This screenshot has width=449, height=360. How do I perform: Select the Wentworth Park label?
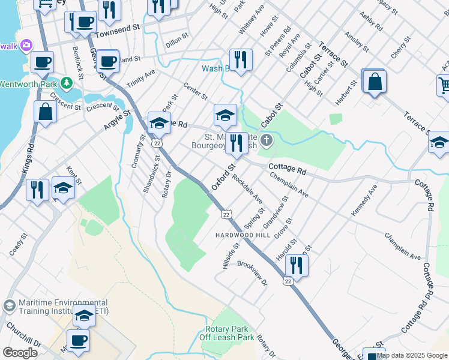28,83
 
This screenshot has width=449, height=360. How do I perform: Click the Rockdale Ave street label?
247,188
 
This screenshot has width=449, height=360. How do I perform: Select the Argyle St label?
118,121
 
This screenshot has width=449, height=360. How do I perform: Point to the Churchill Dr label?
23,336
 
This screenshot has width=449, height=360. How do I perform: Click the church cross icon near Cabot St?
267,142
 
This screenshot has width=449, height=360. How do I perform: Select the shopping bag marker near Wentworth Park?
45,111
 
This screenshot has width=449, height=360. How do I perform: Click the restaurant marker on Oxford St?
236,143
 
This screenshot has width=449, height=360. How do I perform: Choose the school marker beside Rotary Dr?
159,122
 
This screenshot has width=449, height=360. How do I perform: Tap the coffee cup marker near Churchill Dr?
77,340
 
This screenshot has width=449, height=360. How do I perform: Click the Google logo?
20,352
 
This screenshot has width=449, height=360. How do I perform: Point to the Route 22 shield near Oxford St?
226,214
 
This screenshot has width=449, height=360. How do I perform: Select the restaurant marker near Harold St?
296,265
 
